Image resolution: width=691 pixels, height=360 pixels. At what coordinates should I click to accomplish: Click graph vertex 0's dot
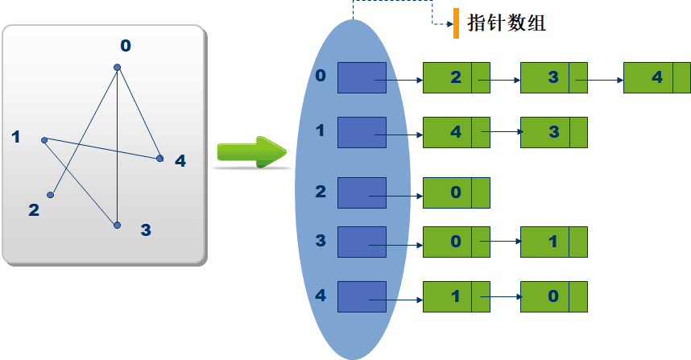(x=118, y=67)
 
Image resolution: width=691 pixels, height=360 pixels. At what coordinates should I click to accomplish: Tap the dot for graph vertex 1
(x=44, y=140)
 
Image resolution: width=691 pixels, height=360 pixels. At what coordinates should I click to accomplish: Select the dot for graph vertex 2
(x=51, y=194)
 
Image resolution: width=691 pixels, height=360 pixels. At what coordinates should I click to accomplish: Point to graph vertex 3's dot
(x=117, y=226)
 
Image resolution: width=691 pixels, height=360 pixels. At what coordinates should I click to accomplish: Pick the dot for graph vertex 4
(x=159, y=158)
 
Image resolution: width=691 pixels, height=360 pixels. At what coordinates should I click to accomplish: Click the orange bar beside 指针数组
(x=456, y=23)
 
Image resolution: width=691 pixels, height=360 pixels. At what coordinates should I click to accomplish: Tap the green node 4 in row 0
(x=656, y=78)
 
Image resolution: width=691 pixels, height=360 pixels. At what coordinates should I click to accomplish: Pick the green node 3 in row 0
(x=553, y=78)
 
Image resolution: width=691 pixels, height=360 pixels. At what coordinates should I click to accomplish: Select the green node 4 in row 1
(x=456, y=132)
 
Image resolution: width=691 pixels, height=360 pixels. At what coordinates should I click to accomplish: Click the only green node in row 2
(x=456, y=193)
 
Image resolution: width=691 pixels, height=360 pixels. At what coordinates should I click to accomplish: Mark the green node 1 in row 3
(x=553, y=242)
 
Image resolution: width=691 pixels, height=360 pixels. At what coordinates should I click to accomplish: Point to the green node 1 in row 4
(x=456, y=297)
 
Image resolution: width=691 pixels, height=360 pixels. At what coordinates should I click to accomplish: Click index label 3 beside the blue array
(x=321, y=240)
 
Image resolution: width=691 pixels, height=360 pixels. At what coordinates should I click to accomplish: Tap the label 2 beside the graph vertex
(x=34, y=211)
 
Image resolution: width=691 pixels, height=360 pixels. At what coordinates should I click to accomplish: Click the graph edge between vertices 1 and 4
(x=102, y=149)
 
